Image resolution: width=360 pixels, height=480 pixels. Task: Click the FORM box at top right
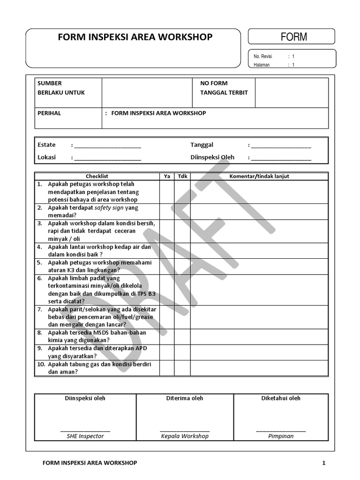(x=291, y=37)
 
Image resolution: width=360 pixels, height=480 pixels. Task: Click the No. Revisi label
(x=263, y=56)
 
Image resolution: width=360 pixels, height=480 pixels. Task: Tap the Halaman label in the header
(x=262, y=65)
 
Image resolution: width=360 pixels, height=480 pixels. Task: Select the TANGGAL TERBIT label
(x=224, y=92)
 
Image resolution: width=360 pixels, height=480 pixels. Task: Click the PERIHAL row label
(x=49, y=113)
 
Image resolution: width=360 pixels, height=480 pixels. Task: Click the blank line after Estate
(x=107, y=146)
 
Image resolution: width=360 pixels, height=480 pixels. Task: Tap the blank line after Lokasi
(x=107, y=158)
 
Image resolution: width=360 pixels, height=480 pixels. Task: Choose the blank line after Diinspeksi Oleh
(x=281, y=158)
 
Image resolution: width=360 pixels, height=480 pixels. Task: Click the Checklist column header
(x=97, y=176)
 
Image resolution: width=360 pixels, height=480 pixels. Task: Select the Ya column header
(x=167, y=176)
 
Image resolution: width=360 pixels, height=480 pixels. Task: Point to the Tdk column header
(x=182, y=176)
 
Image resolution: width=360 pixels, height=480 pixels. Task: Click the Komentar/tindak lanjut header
(x=259, y=176)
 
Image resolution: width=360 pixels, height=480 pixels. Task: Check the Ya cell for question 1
(x=167, y=192)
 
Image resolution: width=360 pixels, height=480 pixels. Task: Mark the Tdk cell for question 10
(x=182, y=368)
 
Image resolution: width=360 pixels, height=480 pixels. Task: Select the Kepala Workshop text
(x=185, y=436)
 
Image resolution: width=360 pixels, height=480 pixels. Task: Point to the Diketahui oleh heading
(x=281, y=398)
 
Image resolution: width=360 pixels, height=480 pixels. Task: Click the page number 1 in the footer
(x=323, y=463)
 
